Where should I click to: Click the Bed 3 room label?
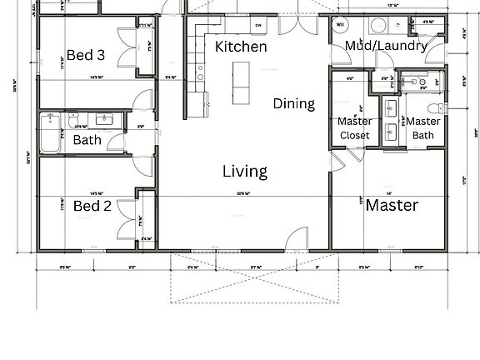[x=86, y=56]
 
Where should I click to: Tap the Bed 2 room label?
[x=92, y=206]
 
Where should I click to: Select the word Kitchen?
[x=241, y=47]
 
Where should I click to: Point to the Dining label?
[x=294, y=104]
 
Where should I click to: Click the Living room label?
[x=245, y=172]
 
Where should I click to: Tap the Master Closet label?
[x=354, y=128]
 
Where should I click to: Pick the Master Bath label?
[x=423, y=128]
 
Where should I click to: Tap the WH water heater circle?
[x=341, y=24]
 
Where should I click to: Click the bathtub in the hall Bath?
[x=52, y=134]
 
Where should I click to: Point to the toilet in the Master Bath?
[x=432, y=109]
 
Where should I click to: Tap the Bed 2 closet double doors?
[x=127, y=219]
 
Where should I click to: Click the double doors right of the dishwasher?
[x=297, y=22]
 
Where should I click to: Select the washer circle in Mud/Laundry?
[x=377, y=25]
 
